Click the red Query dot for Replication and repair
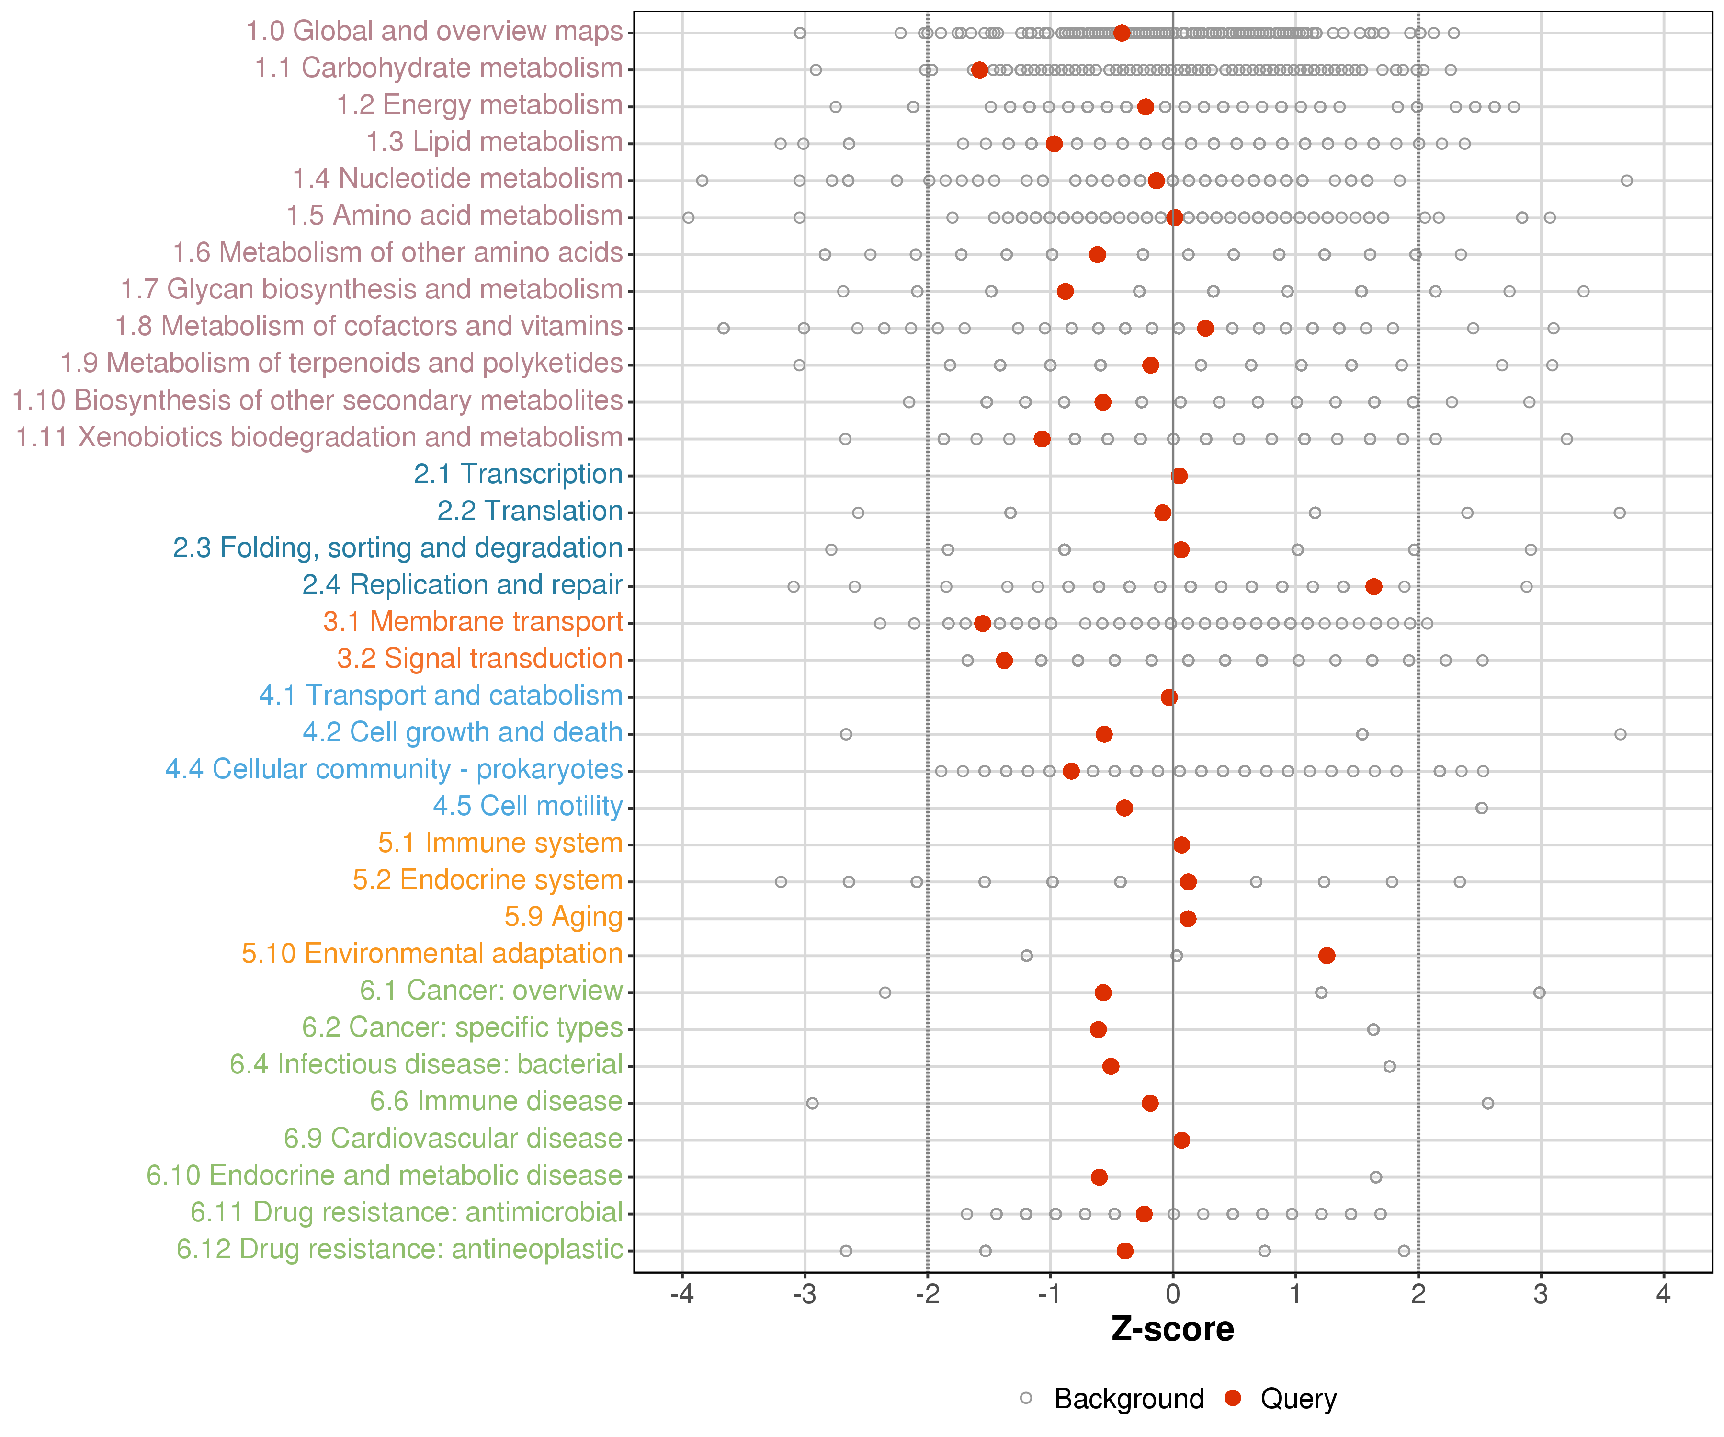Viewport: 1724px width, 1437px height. click(x=1373, y=586)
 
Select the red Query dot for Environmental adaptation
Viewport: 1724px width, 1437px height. click(x=1327, y=955)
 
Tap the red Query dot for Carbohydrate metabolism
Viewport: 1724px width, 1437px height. click(x=979, y=70)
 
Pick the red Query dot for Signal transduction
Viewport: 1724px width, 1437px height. click(x=1004, y=660)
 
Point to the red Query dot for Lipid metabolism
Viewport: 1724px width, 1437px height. click(x=1054, y=144)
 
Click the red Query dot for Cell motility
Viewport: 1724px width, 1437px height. click(x=1125, y=808)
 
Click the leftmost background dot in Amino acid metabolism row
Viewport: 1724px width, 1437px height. click(x=689, y=217)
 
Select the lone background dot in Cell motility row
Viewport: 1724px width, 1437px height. click(x=1482, y=808)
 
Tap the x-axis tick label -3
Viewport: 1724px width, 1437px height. click(x=805, y=1295)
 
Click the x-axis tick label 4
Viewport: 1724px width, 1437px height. click(x=1663, y=1295)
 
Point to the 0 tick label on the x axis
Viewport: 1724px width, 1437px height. click(x=1173, y=1295)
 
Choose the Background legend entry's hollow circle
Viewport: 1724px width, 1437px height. click(x=1026, y=1398)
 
